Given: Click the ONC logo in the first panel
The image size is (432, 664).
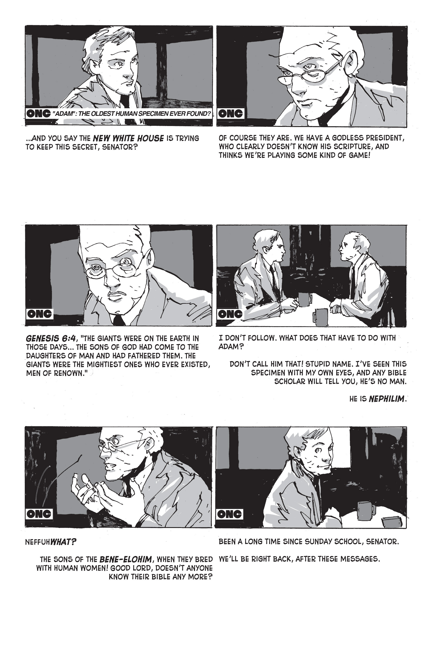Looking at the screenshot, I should point(38,114).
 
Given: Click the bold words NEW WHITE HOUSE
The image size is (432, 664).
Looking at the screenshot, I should point(128,138).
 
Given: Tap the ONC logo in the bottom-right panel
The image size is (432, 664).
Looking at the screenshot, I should point(230,514).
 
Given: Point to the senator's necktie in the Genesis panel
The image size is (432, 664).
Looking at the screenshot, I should point(119,320).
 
